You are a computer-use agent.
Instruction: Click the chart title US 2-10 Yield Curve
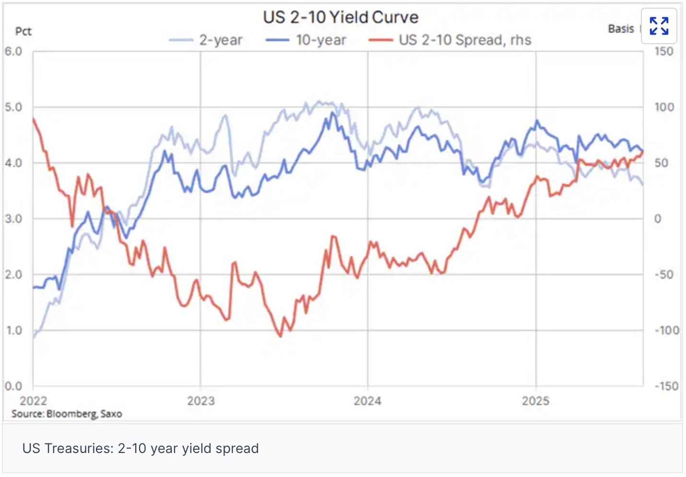pos(341,17)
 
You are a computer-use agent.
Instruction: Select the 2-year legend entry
pos(207,40)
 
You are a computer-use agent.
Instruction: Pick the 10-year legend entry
pos(307,40)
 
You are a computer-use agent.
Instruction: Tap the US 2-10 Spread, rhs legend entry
pos(450,40)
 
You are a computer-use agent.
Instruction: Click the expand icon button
pos(659,26)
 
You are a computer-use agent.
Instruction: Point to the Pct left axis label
pos(23,32)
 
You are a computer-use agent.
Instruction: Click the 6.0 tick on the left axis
pos(13,51)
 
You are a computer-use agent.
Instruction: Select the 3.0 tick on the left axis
pos(13,219)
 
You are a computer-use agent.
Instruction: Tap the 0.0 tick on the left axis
pos(13,386)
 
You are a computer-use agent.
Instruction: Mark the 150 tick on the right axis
pos(664,51)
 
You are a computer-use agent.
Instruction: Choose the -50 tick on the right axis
pos(664,274)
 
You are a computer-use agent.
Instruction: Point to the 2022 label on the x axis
pos(33,401)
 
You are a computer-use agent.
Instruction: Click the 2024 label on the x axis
pos(367,401)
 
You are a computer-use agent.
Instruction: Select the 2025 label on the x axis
pos(535,401)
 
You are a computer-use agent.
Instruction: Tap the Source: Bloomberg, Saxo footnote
pos(67,414)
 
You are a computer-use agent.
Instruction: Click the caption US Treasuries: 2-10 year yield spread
pos(141,448)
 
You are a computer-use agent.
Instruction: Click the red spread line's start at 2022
pos(34,119)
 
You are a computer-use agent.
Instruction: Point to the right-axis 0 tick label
pos(658,219)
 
